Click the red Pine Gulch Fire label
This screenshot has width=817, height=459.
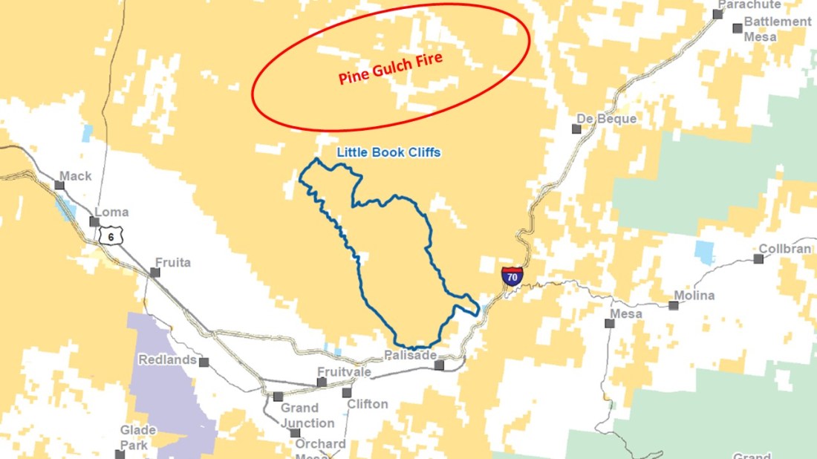click(x=391, y=68)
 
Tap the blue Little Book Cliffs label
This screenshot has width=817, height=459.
click(x=388, y=152)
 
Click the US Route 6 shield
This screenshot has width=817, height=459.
click(x=108, y=235)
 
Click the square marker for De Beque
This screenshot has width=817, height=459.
click(x=576, y=128)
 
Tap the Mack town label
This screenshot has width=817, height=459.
click(x=76, y=176)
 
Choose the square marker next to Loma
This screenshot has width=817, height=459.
click(x=94, y=221)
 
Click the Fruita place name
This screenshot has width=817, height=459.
click(x=172, y=262)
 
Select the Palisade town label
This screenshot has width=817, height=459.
click(x=410, y=355)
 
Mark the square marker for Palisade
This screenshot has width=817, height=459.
click(x=439, y=365)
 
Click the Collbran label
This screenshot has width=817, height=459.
click(x=785, y=249)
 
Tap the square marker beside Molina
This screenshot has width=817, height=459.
click(x=674, y=305)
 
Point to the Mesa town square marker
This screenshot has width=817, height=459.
click(x=610, y=322)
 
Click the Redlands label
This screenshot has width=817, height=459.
click(x=167, y=360)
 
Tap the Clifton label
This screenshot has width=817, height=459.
click(x=368, y=404)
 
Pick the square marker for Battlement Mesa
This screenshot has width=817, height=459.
click(x=738, y=28)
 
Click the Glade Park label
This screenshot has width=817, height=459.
click(x=139, y=437)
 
